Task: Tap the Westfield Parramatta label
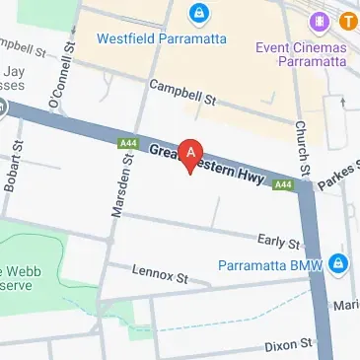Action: tap(162, 38)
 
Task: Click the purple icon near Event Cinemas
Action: tap(320, 21)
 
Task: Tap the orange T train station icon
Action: tap(348, 21)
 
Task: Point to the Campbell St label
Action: tap(182, 94)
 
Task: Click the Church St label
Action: tap(301, 145)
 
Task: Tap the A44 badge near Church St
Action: tap(283, 184)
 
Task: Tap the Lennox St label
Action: tap(161, 275)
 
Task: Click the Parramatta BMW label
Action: tap(275, 264)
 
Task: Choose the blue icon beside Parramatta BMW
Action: tap(338, 264)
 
